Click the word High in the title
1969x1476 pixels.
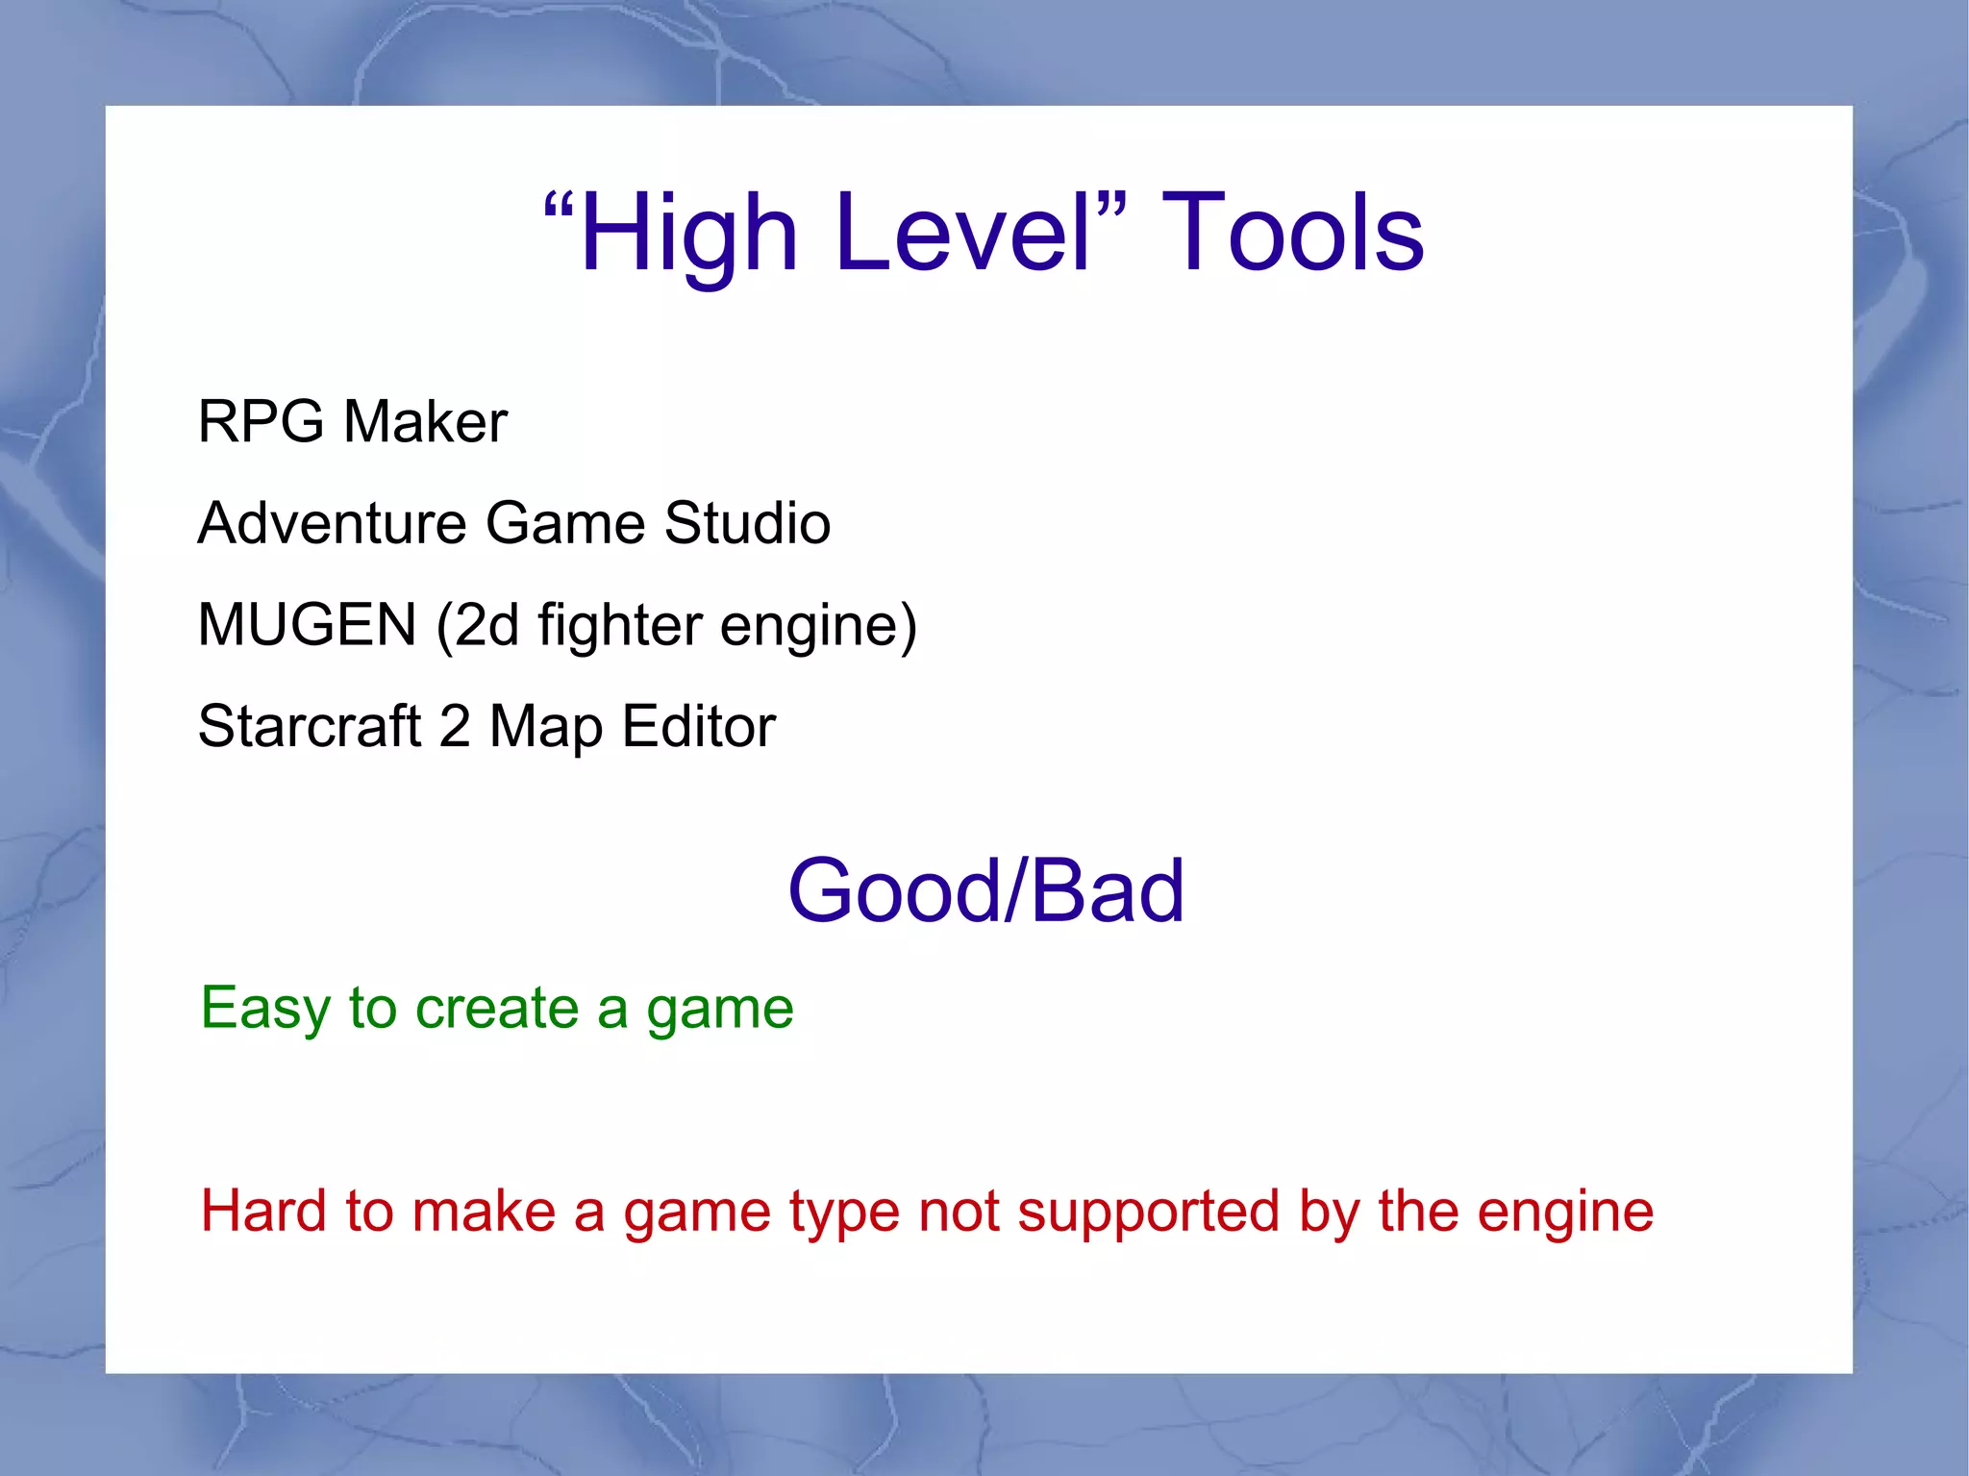click(688, 234)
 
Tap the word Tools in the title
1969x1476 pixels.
click(1293, 234)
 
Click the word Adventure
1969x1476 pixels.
click(332, 523)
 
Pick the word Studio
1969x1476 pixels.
click(747, 523)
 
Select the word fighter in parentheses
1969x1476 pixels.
click(620, 626)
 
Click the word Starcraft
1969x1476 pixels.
click(310, 726)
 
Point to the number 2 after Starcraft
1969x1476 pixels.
click(455, 726)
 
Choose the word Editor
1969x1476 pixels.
click(699, 726)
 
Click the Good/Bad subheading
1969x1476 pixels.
click(985, 891)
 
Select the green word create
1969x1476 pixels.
click(497, 1009)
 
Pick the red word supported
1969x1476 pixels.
click(1149, 1213)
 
